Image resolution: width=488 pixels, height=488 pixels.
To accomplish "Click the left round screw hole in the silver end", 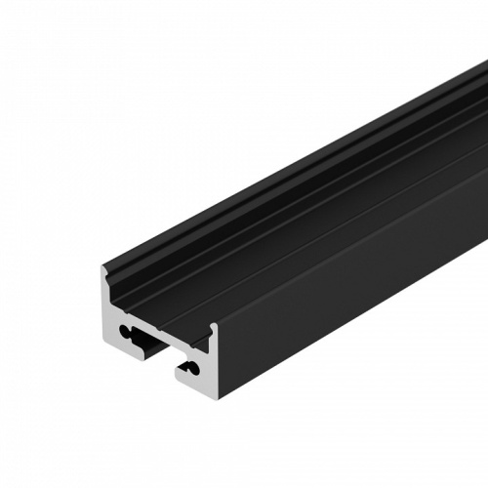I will tap(124, 331).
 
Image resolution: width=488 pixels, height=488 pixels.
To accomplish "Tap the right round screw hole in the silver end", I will tap(193, 367).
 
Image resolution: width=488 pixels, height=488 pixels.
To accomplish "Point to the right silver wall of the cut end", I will tap(216, 361).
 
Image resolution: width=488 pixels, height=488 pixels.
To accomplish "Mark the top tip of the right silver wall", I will tap(215, 325).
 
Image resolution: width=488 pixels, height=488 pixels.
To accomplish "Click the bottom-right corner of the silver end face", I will tap(220, 398).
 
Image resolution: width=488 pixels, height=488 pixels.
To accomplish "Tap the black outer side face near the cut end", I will tap(293, 322).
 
